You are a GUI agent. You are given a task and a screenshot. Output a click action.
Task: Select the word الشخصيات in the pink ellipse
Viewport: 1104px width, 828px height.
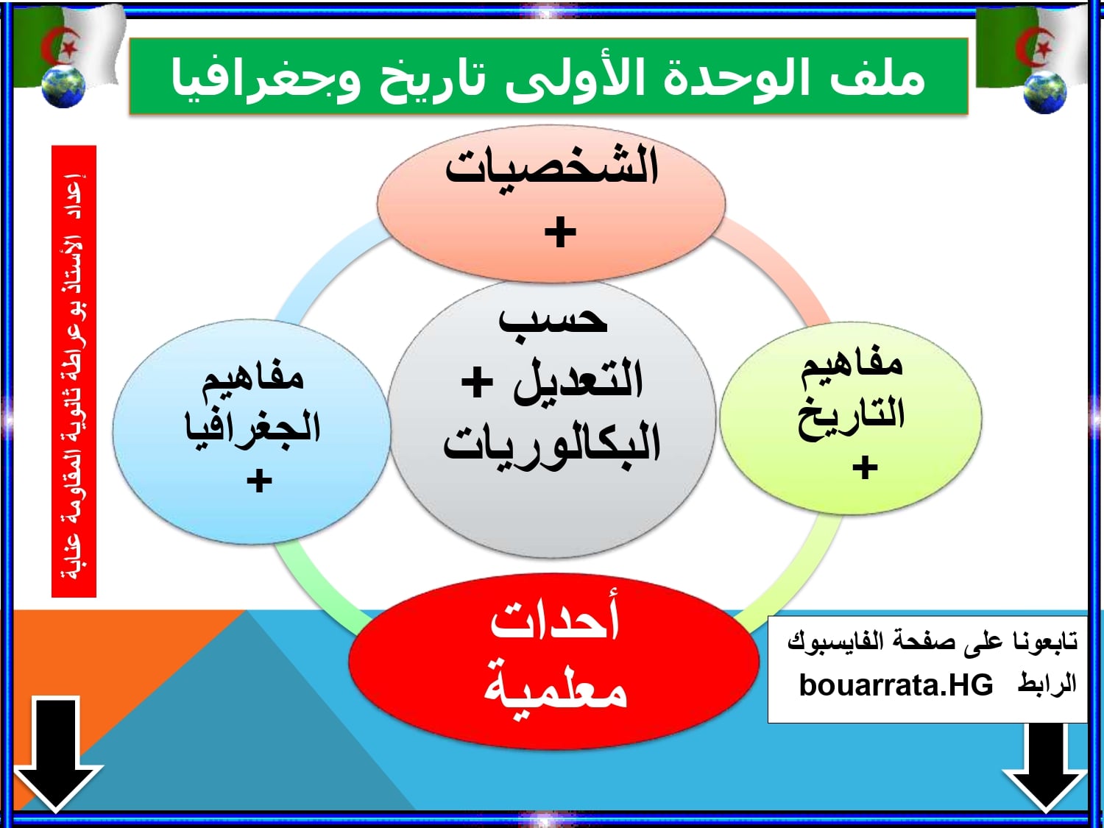tap(551, 166)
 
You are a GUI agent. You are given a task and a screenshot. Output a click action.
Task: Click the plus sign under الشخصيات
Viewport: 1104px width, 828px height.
tap(560, 232)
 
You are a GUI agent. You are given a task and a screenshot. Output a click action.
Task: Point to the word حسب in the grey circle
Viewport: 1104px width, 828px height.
tap(553, 319)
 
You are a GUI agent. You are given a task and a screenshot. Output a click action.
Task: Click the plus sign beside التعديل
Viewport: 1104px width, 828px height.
tap(476, 381)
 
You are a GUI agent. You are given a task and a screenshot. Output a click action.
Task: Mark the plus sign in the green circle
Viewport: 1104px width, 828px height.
tap(865, 467)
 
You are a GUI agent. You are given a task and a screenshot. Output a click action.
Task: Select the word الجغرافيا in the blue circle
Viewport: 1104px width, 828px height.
tap(252, 429)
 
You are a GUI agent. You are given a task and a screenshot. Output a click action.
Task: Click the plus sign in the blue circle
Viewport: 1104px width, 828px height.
tap(260, 481)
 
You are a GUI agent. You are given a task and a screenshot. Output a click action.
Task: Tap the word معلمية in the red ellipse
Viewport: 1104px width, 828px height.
tap(555, 685)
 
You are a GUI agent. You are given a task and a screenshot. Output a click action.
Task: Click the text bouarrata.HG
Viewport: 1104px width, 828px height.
tap(896, 684)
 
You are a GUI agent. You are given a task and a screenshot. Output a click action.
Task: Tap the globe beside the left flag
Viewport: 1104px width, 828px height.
tap(63, 86)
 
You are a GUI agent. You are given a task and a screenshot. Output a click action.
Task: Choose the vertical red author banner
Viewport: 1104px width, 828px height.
tap(74, 372)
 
